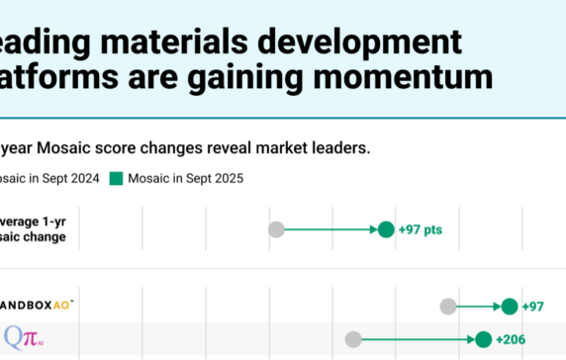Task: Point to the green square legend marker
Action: coord(116,179)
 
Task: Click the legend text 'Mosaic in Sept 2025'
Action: coord(185,179)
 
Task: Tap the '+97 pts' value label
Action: coord(421,229)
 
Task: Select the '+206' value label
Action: coord(513,339)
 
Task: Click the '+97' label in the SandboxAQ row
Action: coord(532,307)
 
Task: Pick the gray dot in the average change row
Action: coord(277,229)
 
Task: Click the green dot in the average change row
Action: coord(386,229)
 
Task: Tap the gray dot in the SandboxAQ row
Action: coord(448,307)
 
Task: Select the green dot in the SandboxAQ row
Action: coord(510,307)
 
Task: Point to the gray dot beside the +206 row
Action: coord(353,339)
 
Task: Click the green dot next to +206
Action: coord(483,339)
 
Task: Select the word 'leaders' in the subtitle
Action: coord(335,148)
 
